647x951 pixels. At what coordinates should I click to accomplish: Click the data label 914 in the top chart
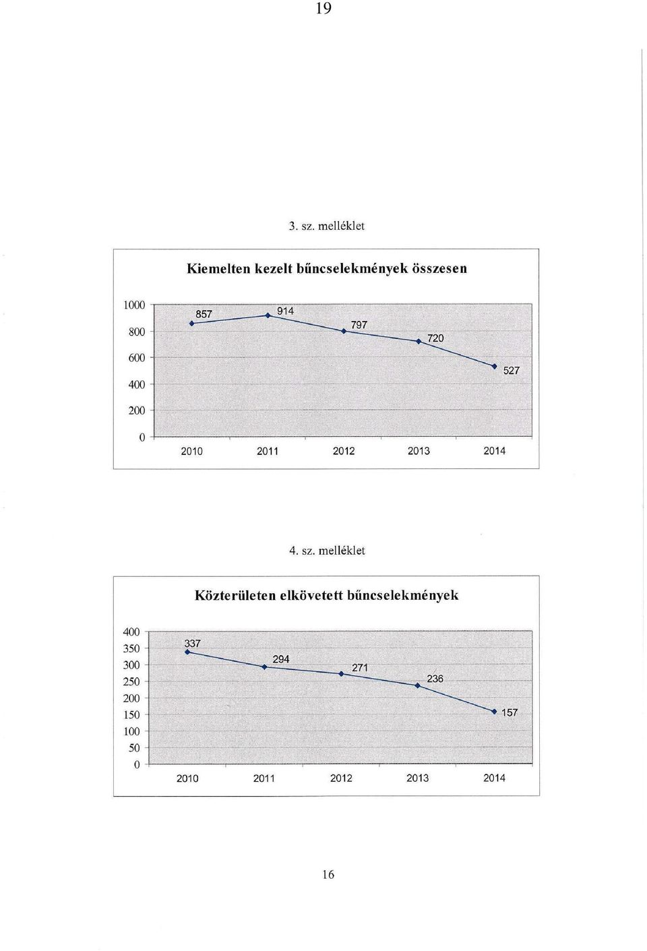click(x=285, y=311)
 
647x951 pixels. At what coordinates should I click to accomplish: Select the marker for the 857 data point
click(x=192, y=323)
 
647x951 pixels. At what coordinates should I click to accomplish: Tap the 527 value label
click(x=511, y=371)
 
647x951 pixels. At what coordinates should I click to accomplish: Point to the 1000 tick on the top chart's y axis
click(x=134, y=305)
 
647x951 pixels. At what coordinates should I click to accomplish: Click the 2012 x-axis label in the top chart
click(x=344, y=452)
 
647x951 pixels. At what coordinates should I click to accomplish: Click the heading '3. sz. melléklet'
click(x=326, y=226)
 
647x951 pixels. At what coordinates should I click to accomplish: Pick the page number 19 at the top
click(x=323, y=9)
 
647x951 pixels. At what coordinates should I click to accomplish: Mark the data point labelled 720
click(x=419, y=341)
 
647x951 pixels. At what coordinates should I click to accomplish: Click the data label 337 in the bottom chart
click(x=192, y=644)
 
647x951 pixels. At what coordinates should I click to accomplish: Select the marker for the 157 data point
click(x=494, y=712)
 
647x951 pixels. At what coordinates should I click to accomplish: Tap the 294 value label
click(x=281, y=659)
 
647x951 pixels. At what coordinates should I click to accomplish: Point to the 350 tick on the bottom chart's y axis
click(x=131, y=648)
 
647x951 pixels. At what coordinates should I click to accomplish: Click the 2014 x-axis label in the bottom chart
click(x=494, y=778)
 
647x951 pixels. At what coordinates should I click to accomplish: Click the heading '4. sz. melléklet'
click(x=327, y=551)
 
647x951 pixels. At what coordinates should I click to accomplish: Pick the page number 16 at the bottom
click(x=328, y=874)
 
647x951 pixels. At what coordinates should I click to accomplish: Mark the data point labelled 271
click(x=341, y=673)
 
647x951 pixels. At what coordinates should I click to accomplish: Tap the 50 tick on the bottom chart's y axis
click(x=134, y=747)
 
